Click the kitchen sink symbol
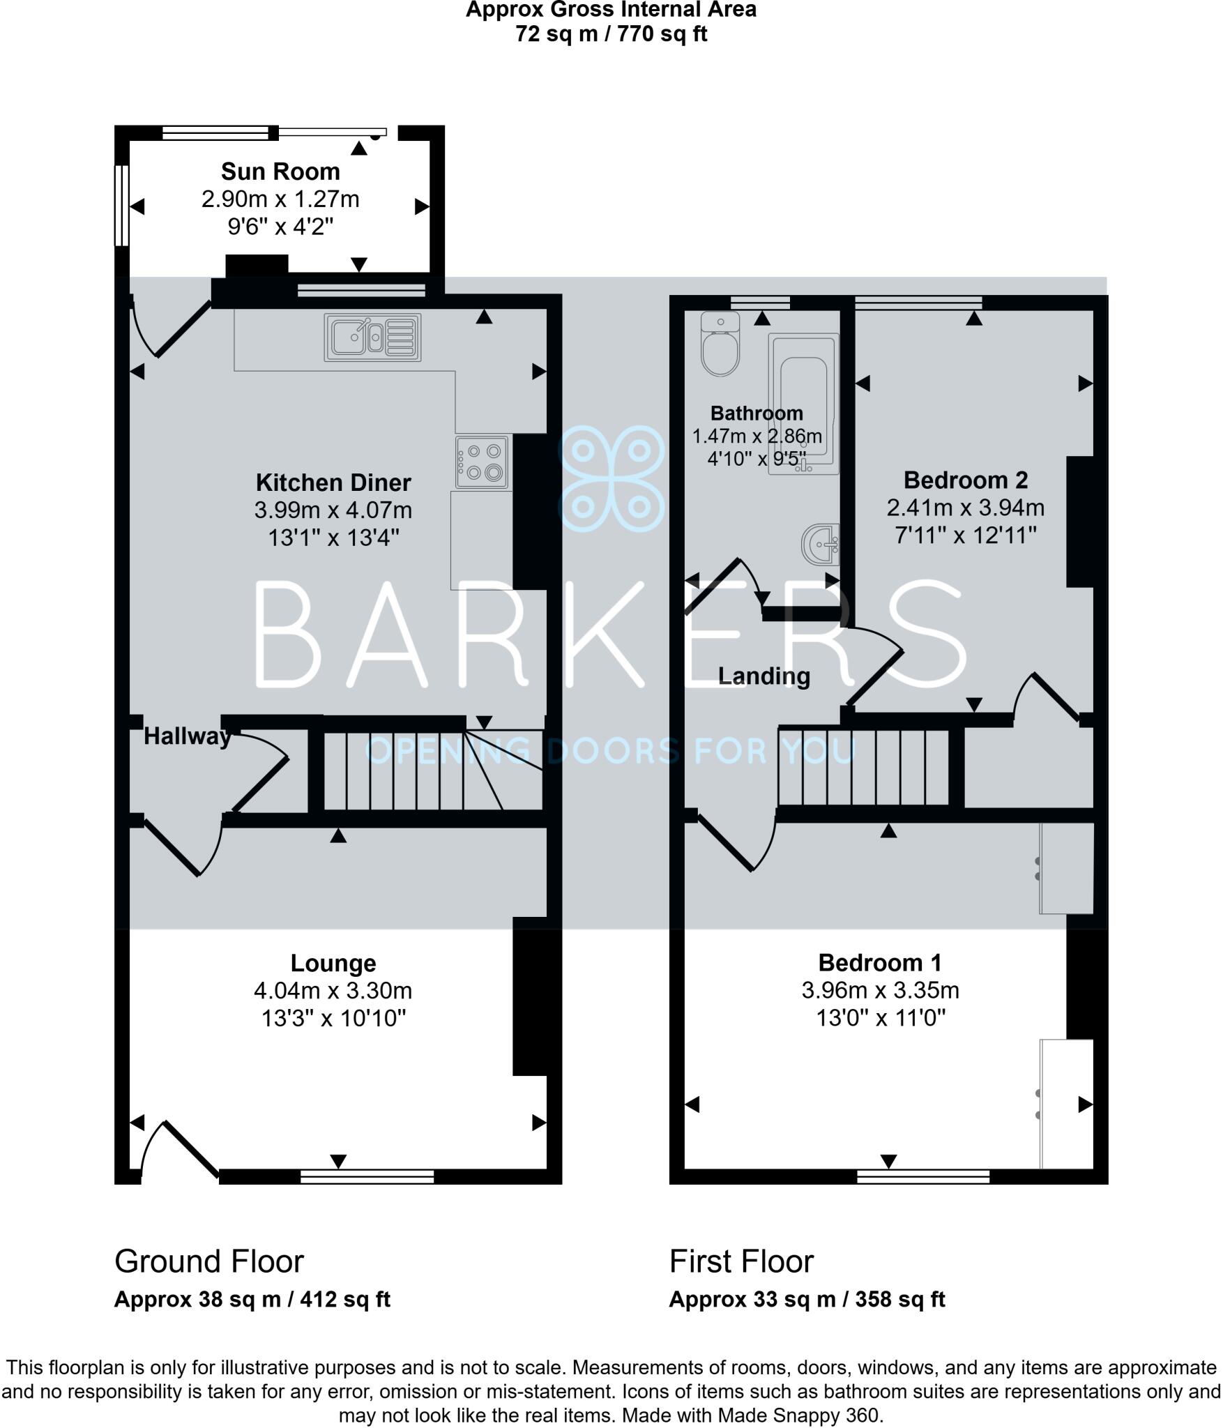(x=372, y=337)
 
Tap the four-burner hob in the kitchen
(x=482, y=462)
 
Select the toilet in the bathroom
(x=720, y=346)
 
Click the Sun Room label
(x=280, y=172)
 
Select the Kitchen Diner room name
(x=333, y=483)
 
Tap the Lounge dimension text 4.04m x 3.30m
(x=333, y=990)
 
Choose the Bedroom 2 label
(x=965, y=480)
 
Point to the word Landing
(x=764, y=676)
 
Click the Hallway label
(x=187, y=736)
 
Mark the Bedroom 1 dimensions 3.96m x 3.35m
(x=880, y=990)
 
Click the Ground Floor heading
(x=209, y=1261)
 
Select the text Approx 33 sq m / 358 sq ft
(x=807, y=1299)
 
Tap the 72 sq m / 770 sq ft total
(x=611, y=33)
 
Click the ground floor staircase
(x=418, y=770)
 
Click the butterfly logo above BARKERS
(x=611, y=478)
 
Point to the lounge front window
(x=367, y=1176)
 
